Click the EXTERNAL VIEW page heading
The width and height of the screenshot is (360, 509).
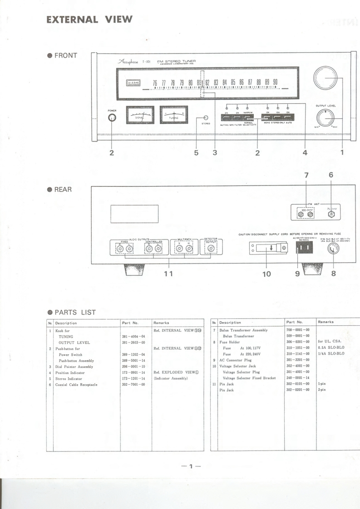[x=89, y=19]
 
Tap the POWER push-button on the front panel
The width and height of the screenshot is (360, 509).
[x=112, y=118]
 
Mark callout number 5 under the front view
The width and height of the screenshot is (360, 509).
[x=197, y=153]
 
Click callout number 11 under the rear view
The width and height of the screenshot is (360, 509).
[x=169, y=273]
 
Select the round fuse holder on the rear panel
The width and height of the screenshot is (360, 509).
[x=333, y=249]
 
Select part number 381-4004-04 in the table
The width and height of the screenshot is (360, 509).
[x=133, y=336]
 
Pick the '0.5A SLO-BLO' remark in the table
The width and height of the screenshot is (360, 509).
[x=331, y=347]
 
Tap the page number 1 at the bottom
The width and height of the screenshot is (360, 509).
[x=191, y=466]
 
